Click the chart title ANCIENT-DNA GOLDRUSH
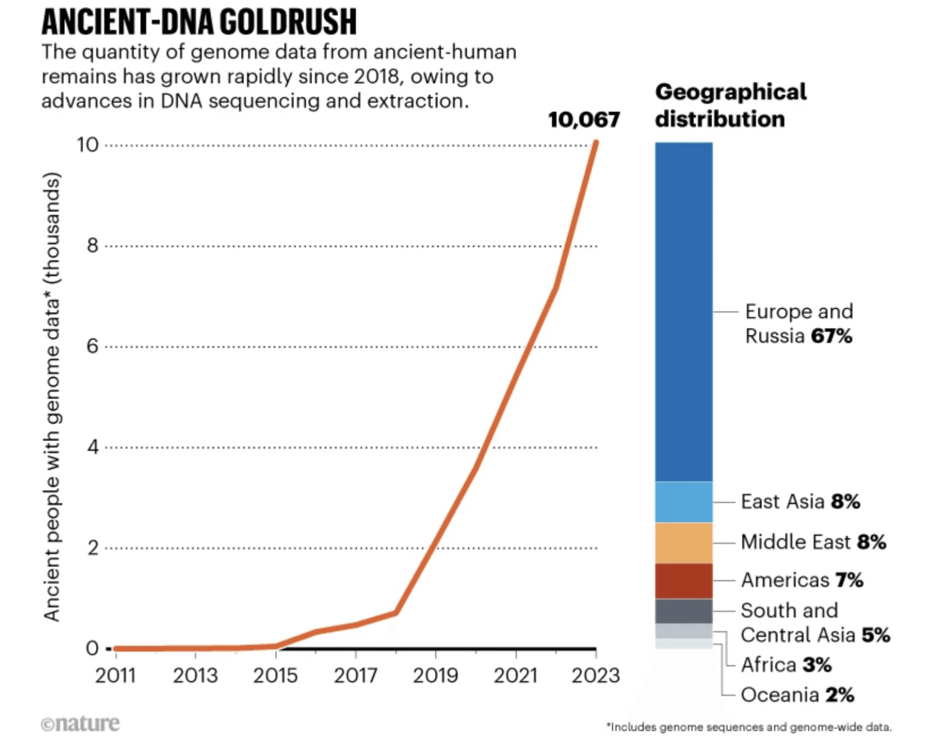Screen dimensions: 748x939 199,22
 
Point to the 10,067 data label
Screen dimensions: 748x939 583,120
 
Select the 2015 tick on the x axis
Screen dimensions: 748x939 275,675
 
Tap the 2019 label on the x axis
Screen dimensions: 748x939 435,675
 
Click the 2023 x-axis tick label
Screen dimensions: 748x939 596,675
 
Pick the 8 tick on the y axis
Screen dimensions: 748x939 93,245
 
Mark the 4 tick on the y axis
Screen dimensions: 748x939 93,447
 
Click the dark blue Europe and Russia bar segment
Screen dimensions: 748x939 684,311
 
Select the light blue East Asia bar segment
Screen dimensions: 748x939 684,502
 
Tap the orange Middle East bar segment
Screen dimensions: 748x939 684,543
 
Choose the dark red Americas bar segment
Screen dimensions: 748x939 684,581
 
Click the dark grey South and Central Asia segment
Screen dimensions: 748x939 684,611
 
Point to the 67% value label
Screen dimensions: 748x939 831,336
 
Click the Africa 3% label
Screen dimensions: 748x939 786,665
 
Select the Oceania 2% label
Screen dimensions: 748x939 797,695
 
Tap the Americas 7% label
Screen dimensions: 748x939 802,580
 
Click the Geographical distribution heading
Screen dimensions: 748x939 731,106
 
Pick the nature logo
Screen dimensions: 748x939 80,723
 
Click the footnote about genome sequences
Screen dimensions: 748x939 749,727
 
